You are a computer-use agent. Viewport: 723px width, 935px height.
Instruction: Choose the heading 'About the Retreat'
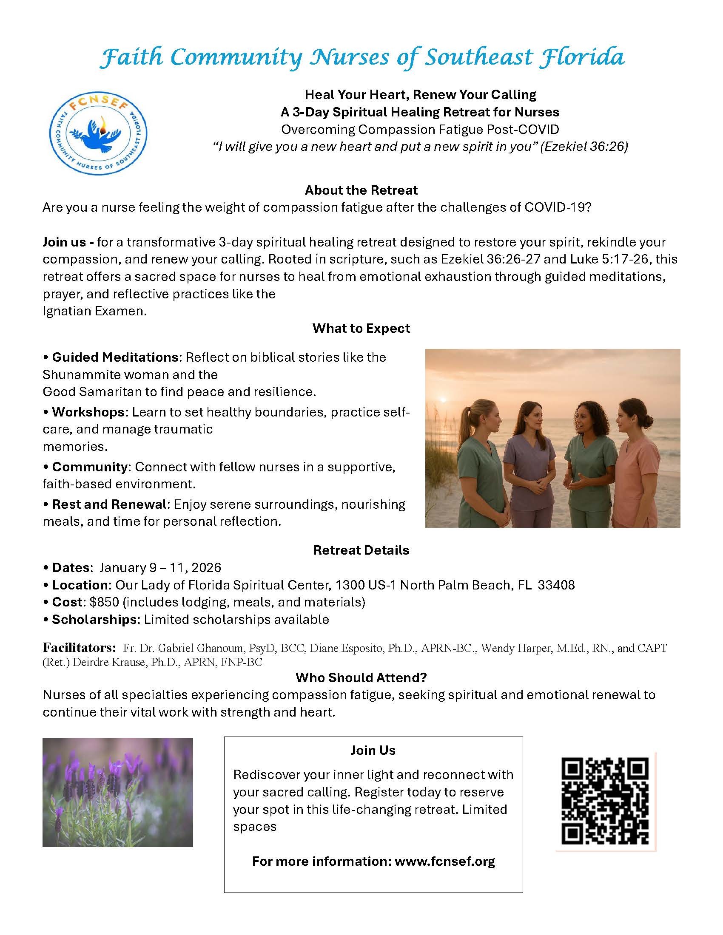[x=361, y=190]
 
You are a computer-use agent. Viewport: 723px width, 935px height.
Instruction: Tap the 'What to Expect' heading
[x=361, y=329]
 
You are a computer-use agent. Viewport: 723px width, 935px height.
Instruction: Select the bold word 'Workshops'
[x=88, y=412]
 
